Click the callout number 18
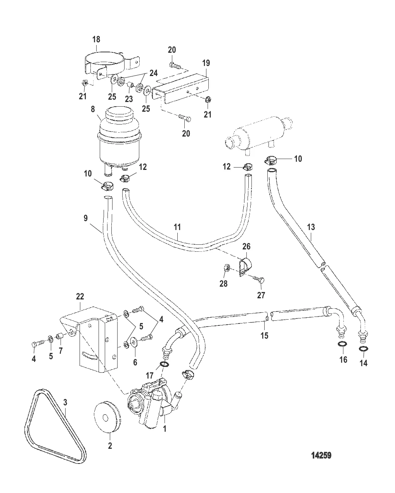(96, 39)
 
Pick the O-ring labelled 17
(164, 365)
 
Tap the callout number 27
(261, 295)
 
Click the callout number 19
(206, 63)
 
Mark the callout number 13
(311, 227)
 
